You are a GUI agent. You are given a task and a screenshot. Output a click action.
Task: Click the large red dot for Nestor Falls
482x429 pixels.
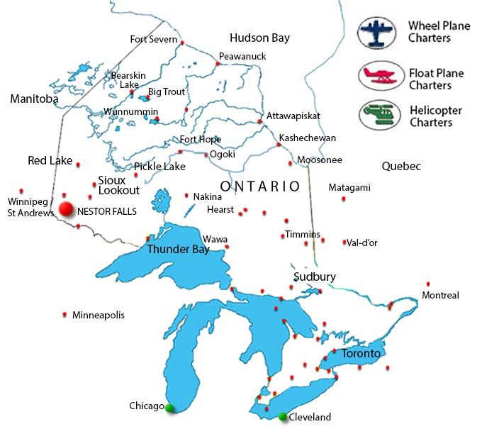(67, 209)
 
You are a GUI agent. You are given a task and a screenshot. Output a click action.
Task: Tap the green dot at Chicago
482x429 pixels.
(169, 408)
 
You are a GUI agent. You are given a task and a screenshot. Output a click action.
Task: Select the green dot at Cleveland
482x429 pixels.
(283, 416)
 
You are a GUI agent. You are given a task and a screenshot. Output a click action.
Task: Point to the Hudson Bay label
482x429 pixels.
(259, 38)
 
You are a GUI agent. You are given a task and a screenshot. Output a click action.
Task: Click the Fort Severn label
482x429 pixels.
(153, 40)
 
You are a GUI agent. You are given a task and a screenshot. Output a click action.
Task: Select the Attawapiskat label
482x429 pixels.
(293, 116)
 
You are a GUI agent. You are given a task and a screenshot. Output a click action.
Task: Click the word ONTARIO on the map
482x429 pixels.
(260, 186)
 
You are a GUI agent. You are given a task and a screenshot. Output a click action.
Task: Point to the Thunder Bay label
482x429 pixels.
(176, 250)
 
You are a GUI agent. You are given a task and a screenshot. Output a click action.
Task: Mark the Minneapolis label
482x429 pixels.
(98, 315)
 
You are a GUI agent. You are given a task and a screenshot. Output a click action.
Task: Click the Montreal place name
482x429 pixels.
(440, 295)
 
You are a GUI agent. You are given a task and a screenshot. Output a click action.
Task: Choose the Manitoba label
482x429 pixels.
(34, 99)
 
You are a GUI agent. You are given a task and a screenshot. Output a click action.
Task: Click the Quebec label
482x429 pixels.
(401, 166)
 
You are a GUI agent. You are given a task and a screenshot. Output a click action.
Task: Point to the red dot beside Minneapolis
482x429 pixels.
(65, 314)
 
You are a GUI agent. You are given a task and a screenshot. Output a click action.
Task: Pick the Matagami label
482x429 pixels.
(349, 188)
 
